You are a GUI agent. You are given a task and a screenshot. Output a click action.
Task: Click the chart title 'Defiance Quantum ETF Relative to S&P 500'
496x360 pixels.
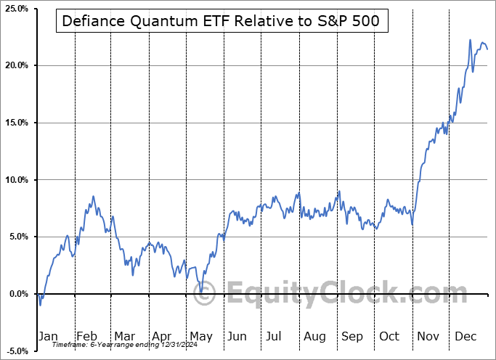tap(221, 21)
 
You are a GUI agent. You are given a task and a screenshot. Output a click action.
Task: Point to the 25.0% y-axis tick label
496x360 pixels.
tap(15, 9)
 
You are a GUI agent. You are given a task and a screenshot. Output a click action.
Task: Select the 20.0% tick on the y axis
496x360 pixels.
tap(15, 66)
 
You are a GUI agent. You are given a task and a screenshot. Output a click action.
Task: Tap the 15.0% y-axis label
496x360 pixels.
tap(15, 123)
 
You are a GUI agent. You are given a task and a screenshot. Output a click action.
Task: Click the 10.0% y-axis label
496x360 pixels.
tap(15, 180)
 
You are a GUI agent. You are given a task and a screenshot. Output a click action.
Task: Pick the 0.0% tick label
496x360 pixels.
tap(17, 294)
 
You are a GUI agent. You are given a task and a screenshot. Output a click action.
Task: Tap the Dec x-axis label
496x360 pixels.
tap(465, 336)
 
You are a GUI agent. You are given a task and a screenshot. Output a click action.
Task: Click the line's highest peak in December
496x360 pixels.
tap(470, 40)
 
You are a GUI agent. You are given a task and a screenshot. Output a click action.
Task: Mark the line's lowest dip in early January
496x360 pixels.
tap(40, 305)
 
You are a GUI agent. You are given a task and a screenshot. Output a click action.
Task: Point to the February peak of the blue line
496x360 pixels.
tap(93, 196)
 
